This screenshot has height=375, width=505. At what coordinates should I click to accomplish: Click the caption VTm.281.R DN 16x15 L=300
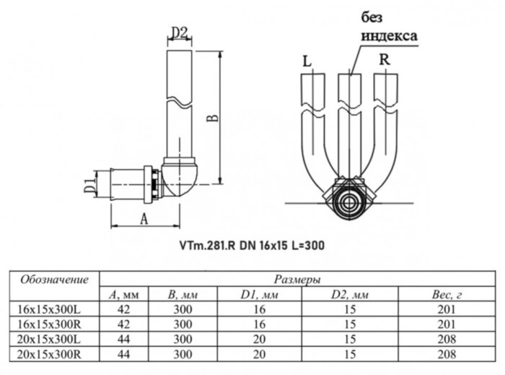[x=252, y=245]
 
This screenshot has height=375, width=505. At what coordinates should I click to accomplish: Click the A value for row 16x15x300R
[x=123, y=324]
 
